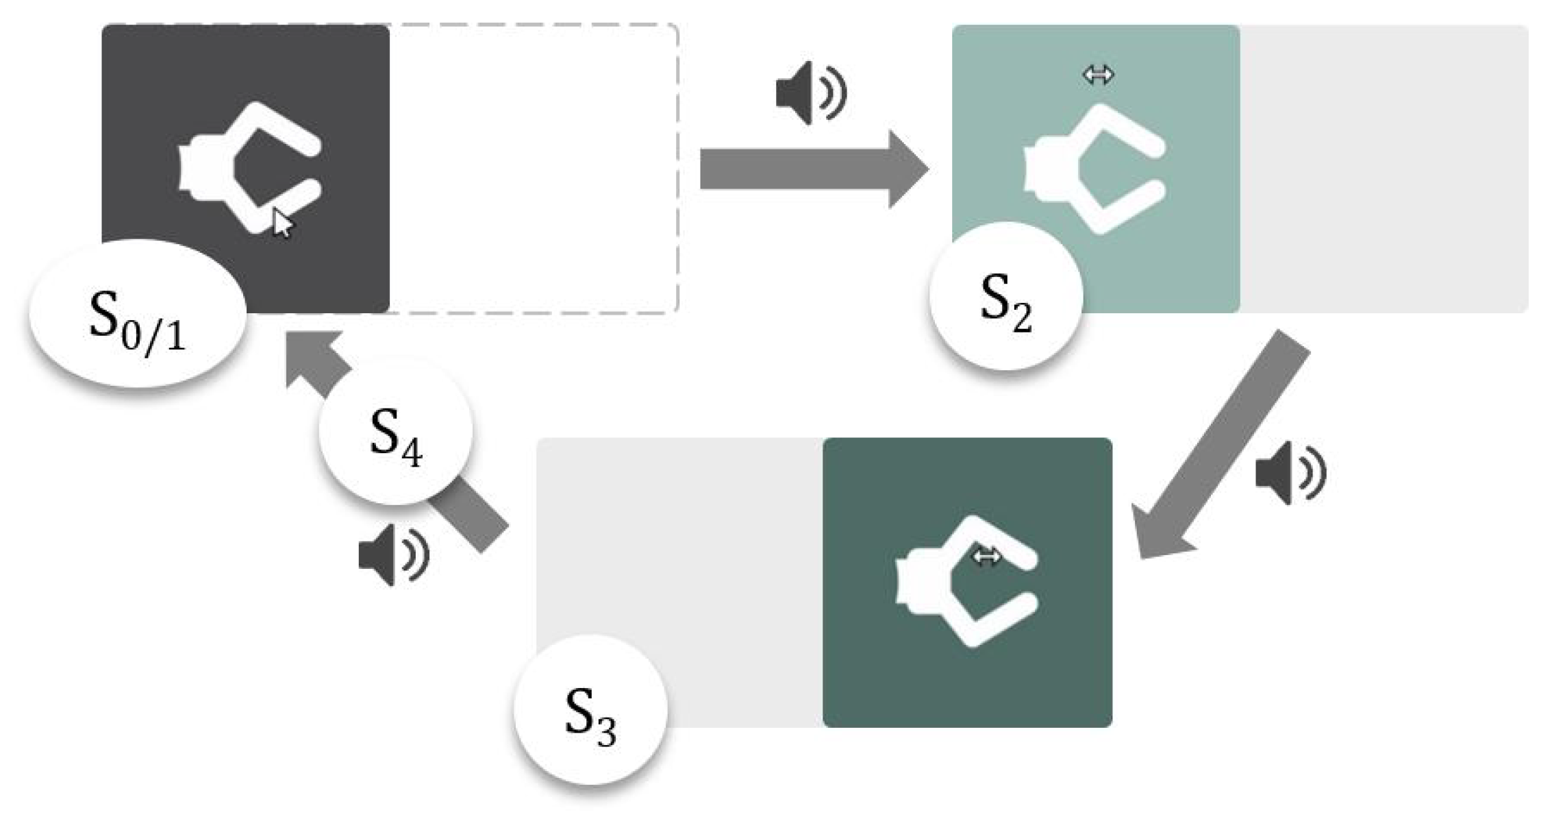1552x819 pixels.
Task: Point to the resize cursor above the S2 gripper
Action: coord(1098,74)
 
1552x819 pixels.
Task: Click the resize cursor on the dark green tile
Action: coord(986,556)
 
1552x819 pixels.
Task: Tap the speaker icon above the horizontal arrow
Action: coord(810,93)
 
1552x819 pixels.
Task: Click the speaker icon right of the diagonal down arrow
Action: coord(1290,473)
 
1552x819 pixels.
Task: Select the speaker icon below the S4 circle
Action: coord(394,554)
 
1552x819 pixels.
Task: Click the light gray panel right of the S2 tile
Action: coord(1384,169)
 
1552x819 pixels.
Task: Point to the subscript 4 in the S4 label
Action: coord(412,454)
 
